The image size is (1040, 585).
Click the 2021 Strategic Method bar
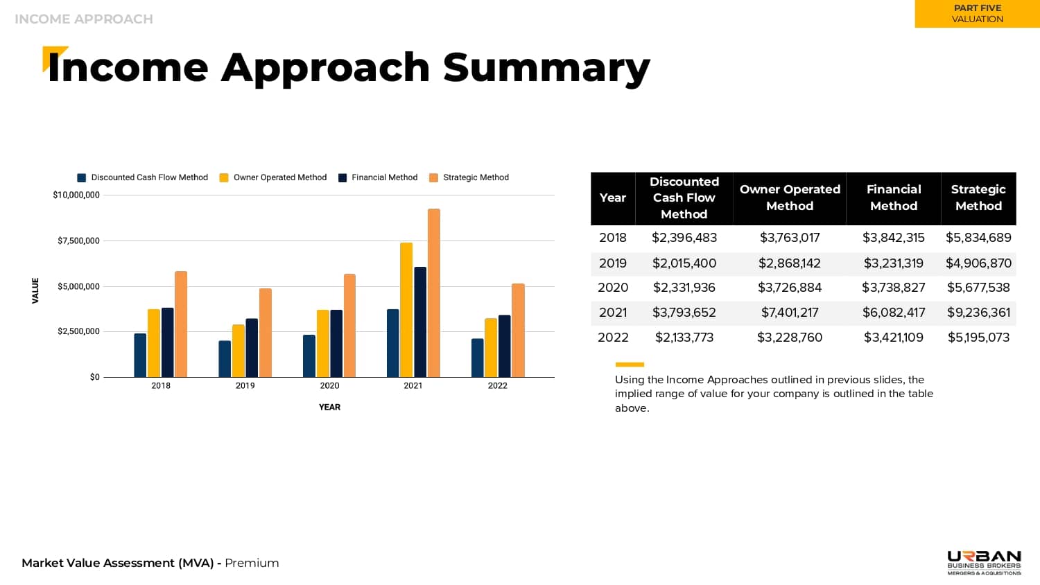click(x=434, y=292)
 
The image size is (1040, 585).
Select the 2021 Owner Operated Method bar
click(x=406, y=310)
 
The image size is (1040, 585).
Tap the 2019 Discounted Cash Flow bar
click(x=225, y=359)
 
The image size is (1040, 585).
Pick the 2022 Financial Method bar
click(x=505, y=346)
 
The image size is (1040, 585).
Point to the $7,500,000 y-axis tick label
click(x=78, y=241)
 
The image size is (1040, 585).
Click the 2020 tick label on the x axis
click(x=329, y=385)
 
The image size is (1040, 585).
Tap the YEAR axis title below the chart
click(x=329, y=407)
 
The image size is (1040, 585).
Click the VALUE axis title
click(x=35, y=290)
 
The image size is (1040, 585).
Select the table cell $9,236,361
click(x=978, y=313)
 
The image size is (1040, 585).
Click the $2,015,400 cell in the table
click(x=684, y=263)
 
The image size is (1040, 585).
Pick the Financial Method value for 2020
click(x=894, y=288)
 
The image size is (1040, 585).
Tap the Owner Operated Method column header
click(x=790, y=198)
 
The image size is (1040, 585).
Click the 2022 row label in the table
click(x=613, y=338)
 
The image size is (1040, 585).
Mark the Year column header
click(x=613, y=198)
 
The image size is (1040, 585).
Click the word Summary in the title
click(x=546, y=68)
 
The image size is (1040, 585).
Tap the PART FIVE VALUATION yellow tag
click(x=977, y=14)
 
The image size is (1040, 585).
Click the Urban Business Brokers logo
click(x=984, y=562)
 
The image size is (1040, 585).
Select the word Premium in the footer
click(x=252, y=563)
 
